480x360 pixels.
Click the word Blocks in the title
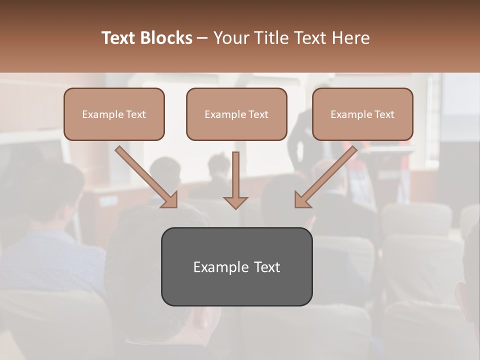[x=166, y=38]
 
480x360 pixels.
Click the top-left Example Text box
[x=114, y=114]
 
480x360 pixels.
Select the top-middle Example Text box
[x=236, y=114]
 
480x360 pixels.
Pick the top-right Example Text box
[x=362, y=114]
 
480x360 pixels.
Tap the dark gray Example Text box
[x=236, y=267]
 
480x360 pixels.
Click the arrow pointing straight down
[x=235, y=177]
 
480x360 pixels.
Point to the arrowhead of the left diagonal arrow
[x=170, y=200]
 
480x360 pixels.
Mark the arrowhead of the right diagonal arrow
[x=301, y=200]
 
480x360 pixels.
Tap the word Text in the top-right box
[x=384, y=114]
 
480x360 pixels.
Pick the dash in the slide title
[x=202, y=38]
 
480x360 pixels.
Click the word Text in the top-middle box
[x=258, y=114]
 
